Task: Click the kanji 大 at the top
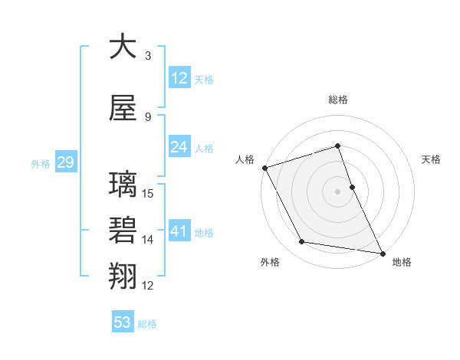(123, 47)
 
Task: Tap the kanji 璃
(123, 186)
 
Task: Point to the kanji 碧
(123, 231)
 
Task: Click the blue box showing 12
(179, 78)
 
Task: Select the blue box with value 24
(179, 147)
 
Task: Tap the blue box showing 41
(179, 231)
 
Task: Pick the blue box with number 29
(65, 162)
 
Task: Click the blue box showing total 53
(123, 322)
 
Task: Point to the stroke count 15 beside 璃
(149, 194)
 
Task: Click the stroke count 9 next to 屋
(148, 116)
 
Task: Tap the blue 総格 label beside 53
(147, 324)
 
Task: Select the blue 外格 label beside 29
(41, 163)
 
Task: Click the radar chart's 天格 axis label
(432, 159)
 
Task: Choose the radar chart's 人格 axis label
(245, 159)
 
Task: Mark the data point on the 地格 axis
(383, 253)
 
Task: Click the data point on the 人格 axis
(264, 168)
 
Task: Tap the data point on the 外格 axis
(302, 242)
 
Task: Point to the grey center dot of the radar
(337, 191)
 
